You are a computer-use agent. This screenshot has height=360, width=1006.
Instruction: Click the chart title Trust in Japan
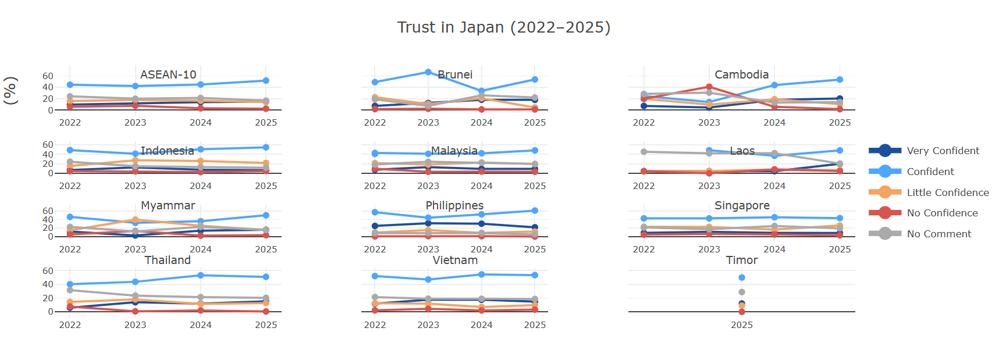[x=503, y=27]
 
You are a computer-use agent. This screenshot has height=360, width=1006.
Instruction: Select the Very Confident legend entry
[x=943, y=151]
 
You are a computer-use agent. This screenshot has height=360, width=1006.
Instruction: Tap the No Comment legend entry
[x=939, y=234]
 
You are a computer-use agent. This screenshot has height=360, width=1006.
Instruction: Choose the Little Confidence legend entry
[x=947, y=193]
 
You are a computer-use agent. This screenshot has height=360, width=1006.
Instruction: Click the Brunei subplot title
[x=455, y=74]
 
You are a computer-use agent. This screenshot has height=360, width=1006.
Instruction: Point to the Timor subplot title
[x=742, y=260]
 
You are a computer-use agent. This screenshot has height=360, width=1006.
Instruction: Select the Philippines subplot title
[x=454, y=205]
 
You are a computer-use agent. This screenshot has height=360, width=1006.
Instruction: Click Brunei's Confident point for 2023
[x=428, y=72]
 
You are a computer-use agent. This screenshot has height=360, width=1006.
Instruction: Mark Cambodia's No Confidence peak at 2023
[x=709, y=87]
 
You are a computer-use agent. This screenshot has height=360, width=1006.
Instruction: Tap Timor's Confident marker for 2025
[x=742, y=277]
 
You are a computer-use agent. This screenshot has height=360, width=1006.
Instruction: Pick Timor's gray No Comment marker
[x=742, y=293]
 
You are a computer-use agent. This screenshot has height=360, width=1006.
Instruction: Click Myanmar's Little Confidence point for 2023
[x=136, y=220]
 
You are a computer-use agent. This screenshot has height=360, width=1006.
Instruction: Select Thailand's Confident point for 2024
[x=201, y=275]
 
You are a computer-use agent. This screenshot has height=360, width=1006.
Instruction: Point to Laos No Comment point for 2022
[x=644, y=152]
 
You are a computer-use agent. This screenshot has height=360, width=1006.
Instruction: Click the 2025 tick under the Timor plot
[x=742, y=325]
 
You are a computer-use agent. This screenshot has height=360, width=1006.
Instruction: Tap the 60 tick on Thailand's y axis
[x=48, y=271]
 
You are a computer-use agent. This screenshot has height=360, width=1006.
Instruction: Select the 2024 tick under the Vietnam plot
[x=481, y=325]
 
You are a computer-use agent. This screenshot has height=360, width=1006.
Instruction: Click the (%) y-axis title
[x=10, y=91]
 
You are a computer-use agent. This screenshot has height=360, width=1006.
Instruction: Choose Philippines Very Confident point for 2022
[x=375, y=226]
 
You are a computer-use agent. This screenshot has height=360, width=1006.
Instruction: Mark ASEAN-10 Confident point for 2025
[x=266, y=81]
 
